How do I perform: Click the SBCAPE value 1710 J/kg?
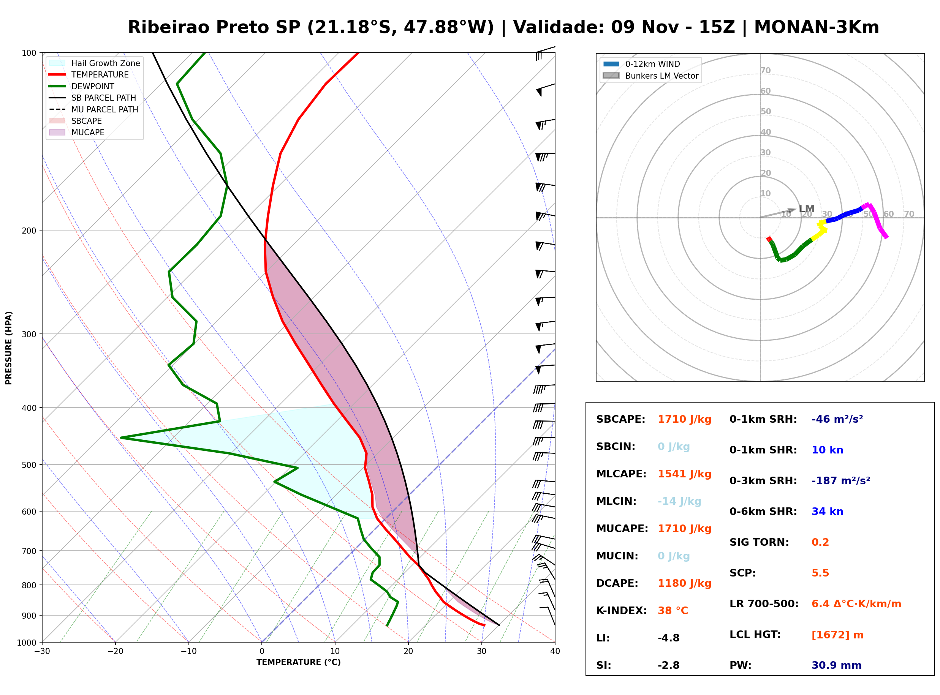point(685,419)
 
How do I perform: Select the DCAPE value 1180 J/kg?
point(685,583)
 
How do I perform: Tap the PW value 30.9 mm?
point(837,665)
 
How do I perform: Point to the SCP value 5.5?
point(820,573)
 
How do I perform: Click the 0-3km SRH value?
point(841,480)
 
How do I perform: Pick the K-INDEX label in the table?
point(622,611)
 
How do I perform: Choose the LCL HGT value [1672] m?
point(837,635)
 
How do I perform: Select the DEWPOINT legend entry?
point(82,86)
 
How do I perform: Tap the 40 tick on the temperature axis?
point(555,651)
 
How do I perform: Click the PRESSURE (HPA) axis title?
point(9,348)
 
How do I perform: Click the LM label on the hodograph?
point(807,208)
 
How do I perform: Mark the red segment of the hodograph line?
point(769,239)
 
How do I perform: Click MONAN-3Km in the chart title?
point(816,27)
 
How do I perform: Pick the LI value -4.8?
point(669,638)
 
